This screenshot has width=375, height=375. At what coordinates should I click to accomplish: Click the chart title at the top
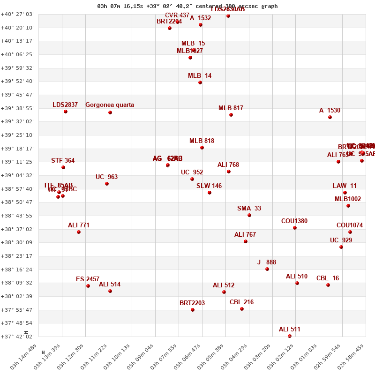pos(187,6)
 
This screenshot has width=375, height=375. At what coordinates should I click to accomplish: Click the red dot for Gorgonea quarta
pos(110,112)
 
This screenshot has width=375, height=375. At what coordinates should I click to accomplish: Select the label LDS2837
pos(65,105)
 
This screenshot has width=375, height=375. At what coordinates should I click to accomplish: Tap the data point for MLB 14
pos(200,82)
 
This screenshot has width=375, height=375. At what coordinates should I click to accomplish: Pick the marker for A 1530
pos(330,117)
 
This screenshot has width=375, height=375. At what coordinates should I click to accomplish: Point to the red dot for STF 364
pos(63,167)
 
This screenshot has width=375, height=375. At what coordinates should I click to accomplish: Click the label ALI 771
pos(79,225)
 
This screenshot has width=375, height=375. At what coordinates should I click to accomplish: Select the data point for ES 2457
pos(88,286)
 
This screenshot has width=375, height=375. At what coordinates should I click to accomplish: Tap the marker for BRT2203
pos(193,310)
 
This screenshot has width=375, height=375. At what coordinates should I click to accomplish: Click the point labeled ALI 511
pos(290,336)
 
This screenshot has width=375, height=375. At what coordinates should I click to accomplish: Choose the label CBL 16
pos(328,278)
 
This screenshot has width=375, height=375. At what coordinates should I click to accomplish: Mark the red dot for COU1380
pos(295,228)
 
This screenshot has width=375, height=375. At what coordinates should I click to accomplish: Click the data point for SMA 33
pos(249,215)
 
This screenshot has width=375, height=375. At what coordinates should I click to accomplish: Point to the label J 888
pos(267,262)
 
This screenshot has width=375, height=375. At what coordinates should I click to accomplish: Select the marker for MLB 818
pos(202,148)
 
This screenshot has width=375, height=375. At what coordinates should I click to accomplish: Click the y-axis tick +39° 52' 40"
pos(18,82)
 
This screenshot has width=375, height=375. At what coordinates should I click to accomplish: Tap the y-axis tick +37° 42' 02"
pos(18,337)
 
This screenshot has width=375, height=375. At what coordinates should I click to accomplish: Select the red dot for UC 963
pos(107,184)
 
